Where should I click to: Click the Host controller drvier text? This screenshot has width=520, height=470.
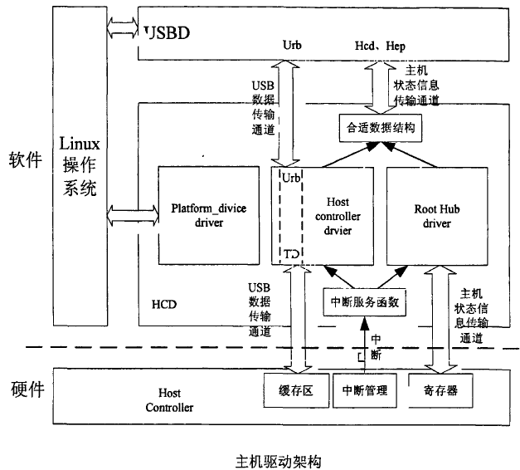(x=337, y=213)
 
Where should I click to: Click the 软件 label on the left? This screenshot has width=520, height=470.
(x=24, y=160)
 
